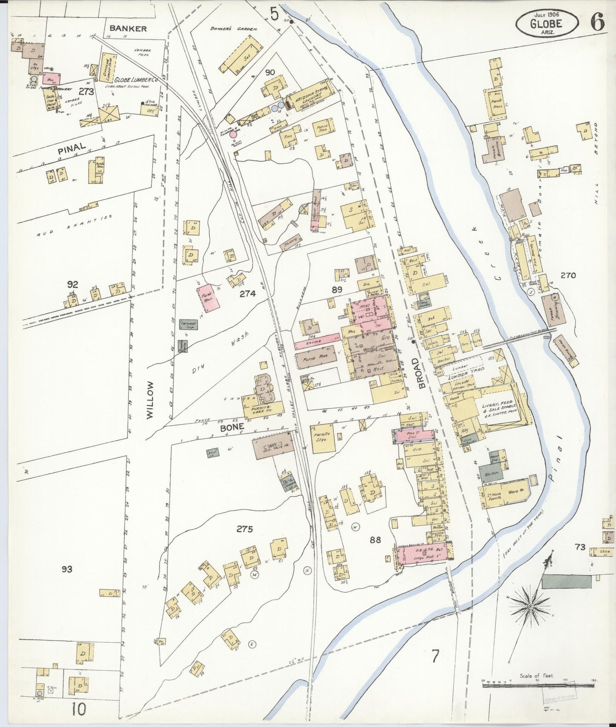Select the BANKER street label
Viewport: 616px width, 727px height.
tap(128, 29)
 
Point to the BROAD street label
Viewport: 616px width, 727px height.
tap(422, 373)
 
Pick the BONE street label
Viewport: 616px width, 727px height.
tap(232, 426)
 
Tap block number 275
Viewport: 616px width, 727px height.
tap(245, 529)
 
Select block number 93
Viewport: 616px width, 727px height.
tap(67, 569)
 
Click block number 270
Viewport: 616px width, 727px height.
tap(568, 276)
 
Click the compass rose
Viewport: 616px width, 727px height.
tap(531, 606)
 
